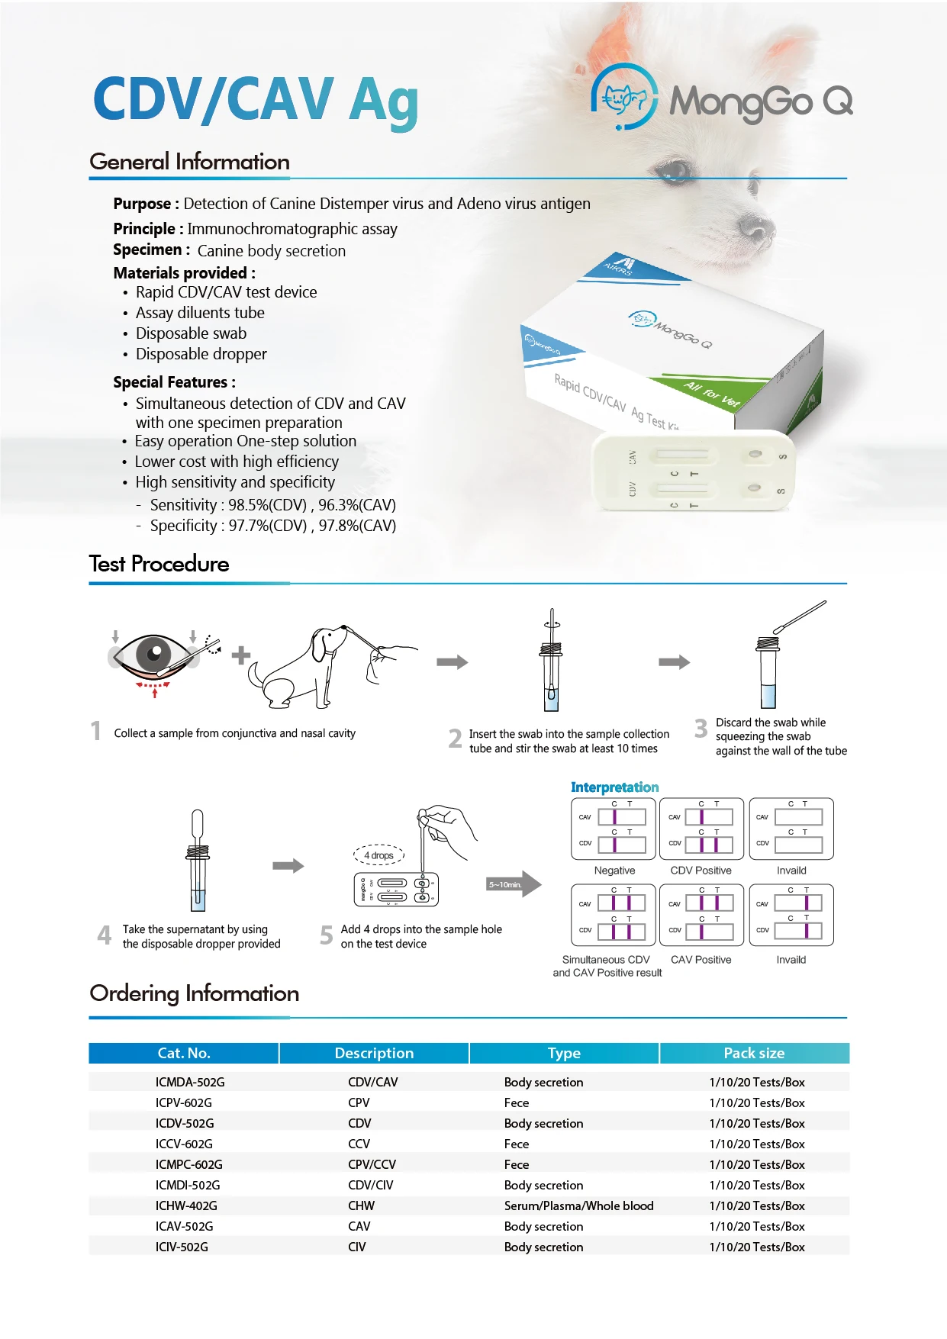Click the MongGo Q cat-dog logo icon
(624, 98)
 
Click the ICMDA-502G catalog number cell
(190, 1082)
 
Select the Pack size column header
(753, 1053)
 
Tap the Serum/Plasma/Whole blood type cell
(578, 1205)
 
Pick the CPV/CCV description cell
(372, 1164)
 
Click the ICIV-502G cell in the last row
(182, 1247)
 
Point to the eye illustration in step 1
(155, 655)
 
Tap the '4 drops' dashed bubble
(378, 855)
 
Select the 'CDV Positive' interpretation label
(701, 871)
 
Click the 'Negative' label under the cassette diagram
(614, 871)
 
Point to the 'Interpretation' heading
(614, 787)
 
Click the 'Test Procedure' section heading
(159, 564)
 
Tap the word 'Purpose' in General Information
(142, 204)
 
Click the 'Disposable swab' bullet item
(191, 333)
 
